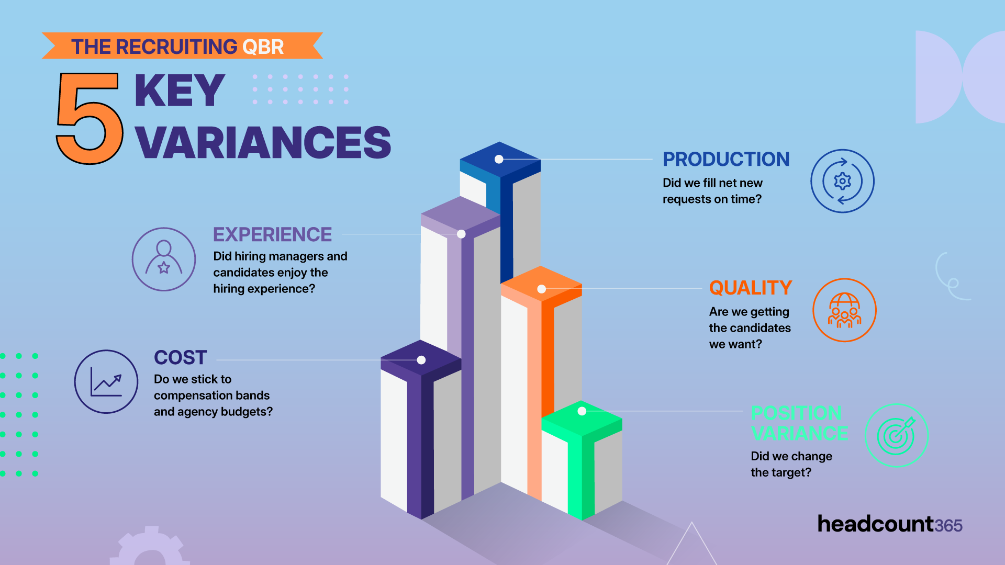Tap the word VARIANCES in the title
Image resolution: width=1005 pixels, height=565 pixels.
(263, 142)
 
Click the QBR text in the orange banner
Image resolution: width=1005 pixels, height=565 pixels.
(263, 47)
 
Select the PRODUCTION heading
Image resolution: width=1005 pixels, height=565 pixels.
(726, 159)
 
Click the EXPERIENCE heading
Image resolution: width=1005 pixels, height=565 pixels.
(272, 234)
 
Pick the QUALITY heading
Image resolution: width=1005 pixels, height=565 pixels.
(751, 288)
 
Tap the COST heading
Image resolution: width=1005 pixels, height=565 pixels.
(181, 358)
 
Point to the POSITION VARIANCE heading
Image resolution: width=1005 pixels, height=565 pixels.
(799, 423)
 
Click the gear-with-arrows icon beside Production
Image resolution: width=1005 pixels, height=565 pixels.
(842, 181)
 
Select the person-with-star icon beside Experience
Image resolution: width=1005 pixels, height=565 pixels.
(164, 259)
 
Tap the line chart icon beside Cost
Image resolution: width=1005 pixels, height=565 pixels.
(106, 382)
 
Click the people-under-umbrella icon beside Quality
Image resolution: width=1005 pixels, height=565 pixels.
(844, 310)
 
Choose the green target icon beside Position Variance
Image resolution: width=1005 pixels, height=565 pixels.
(896, 435)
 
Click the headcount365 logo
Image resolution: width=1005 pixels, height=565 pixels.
(890, 524)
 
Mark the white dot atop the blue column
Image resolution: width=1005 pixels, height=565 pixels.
(499, 159)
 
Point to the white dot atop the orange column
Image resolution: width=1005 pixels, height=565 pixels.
(542, 289)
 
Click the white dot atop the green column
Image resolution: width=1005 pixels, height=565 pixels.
(582, 411)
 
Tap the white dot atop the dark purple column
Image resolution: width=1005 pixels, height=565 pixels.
(421, 360)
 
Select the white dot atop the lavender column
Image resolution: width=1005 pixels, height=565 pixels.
(461, 234)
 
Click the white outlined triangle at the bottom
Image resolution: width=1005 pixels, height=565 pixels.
(691, 547)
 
